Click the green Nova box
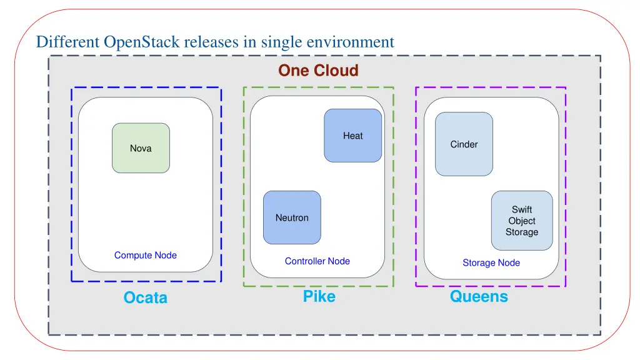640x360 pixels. pos(141,148)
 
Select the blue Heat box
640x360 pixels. pos(352,136)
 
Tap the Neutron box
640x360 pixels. pos(292,217)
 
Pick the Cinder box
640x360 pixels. pos(464,144)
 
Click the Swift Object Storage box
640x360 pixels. pos(522,221)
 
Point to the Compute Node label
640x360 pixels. pos(146,255)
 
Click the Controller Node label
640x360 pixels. pos(317,261)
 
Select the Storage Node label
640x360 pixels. pos(491,263)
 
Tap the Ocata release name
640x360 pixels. pos(146,298)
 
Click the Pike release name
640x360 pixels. pos(319,297)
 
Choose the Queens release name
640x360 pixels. pos(479,297)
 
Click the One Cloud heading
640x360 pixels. pos(318,71)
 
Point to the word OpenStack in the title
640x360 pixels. pos(142,42)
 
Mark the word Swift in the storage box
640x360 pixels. pos(522,209)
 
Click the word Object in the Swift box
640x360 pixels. pos(522,221)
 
